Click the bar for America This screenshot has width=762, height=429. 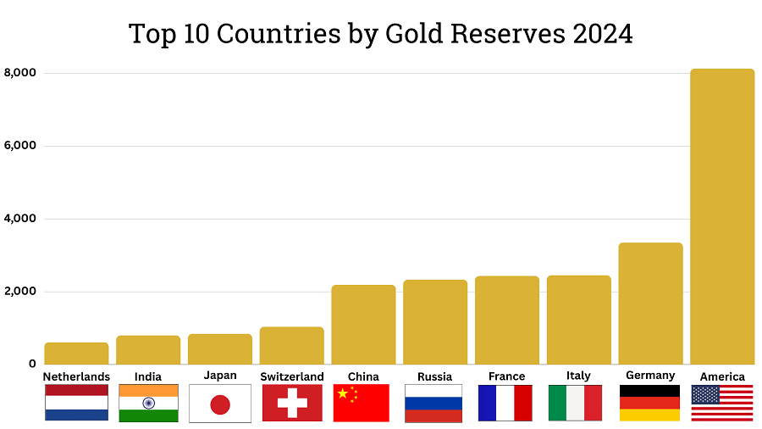coord(722,216)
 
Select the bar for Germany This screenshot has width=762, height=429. coord(650,304)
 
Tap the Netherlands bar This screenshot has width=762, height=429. coord(76,353)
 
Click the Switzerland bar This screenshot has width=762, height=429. coord(291,345)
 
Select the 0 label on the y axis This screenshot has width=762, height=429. coord(31,364)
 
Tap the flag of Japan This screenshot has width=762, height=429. coord(220,404)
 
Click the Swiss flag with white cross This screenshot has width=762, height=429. coord(292,403)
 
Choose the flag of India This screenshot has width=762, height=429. coord(148,403)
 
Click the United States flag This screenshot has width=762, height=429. coord(722,403)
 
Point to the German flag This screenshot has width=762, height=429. coord(649,403)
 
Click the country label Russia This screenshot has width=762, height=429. coord(434,376)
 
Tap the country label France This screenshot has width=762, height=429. coord(506,376)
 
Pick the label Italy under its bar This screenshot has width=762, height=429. coord(577,376)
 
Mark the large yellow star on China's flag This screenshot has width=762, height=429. coord(343,393)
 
